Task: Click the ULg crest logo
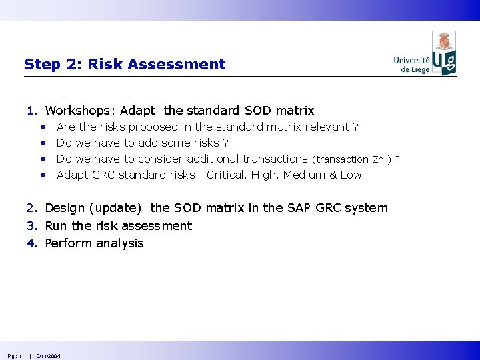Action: tap(444, 53)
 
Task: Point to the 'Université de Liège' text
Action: tap(412, 65)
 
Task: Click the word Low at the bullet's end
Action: tap(351, 175)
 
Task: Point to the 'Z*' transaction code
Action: tap(379, 159)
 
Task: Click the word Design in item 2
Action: tap(65, 208)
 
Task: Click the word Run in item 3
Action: tap(56, 226)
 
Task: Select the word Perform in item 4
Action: tap(68, 243)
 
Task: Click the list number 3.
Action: tap(31, 226)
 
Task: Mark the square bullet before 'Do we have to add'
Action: tap(42, 143)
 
